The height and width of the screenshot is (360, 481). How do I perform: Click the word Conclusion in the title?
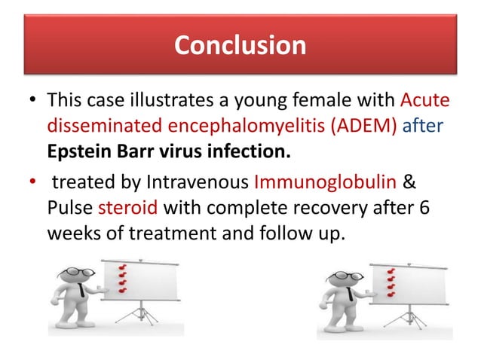240,45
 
